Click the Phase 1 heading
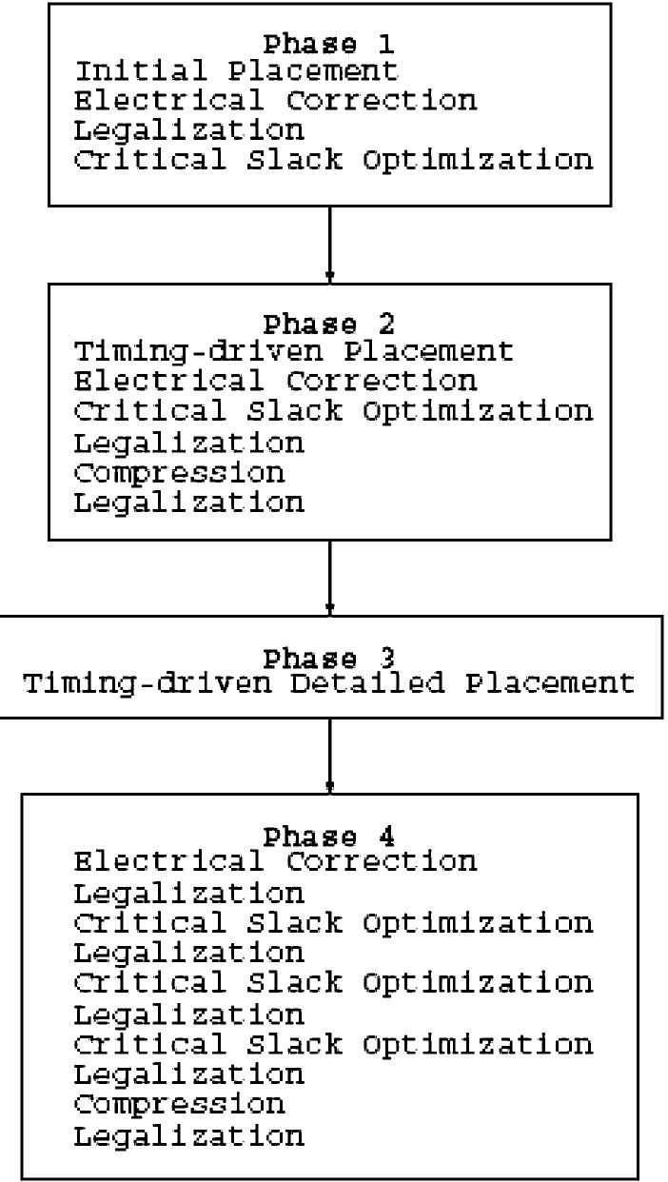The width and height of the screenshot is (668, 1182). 329,44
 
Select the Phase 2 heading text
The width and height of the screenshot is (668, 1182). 329,324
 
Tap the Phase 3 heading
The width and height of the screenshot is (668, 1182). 329,657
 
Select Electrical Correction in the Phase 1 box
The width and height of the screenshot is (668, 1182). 276,100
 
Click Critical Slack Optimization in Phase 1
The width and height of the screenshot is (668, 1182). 333,158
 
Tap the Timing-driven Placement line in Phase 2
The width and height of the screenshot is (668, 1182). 294,352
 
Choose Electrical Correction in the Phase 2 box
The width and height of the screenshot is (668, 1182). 276,382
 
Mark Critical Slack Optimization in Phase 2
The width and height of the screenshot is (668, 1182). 333,411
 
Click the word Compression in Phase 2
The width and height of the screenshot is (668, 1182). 180,471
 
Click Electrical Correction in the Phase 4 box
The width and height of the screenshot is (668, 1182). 276,862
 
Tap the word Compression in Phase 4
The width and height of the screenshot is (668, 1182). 180,1104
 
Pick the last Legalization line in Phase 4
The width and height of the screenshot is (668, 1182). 189,1134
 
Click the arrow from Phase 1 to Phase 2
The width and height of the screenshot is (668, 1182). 329,243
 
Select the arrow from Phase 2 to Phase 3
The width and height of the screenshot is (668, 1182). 329,577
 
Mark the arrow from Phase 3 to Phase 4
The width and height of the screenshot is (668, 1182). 329,755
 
